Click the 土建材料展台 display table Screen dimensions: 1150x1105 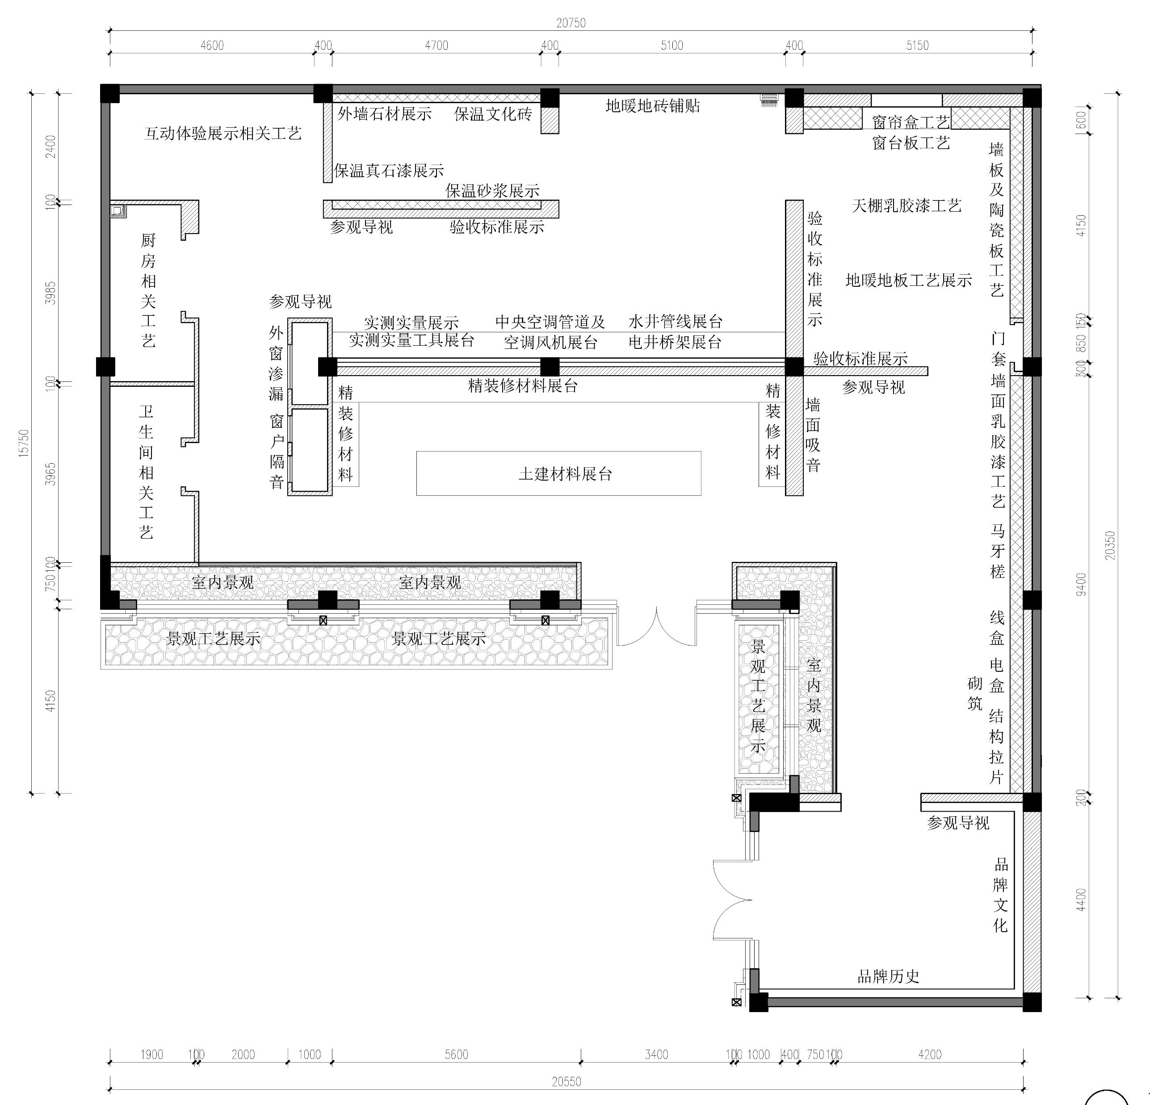click(558, 473)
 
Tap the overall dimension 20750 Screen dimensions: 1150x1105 click(571, 23)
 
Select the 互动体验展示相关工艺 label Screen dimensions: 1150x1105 click(223, 134)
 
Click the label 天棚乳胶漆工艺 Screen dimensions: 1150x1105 click(907, 206)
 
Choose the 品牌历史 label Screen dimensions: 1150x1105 click(888, 976)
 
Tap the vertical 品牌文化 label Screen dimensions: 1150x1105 click(1000, 895)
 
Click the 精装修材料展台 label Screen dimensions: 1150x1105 click(523, 386)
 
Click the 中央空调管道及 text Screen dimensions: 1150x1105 click(550, 322)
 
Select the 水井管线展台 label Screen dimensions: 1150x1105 click(676, 322)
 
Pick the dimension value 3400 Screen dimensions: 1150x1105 click(657, 1054)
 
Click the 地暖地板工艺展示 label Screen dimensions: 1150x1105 click(909, 280)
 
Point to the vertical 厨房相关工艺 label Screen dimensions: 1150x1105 click(148, 290)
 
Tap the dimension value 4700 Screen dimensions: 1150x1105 click(436, 45)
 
